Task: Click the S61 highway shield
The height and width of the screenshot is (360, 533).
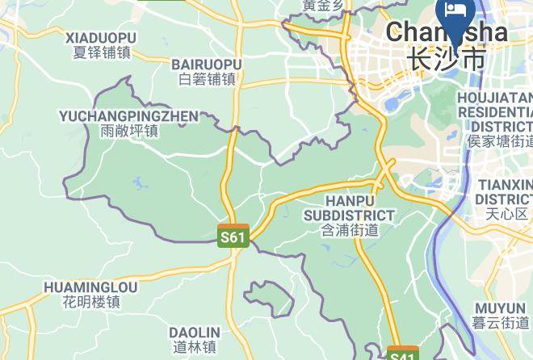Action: coord(233,236)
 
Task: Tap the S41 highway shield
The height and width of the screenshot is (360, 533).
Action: coord(402,354)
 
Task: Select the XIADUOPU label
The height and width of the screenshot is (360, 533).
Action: coord(101,38)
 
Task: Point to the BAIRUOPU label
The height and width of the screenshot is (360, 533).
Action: coord(207,64)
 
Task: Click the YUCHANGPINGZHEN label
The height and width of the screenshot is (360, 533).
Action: coord(128,116)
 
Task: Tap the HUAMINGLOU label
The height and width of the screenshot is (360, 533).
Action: coord(90,287)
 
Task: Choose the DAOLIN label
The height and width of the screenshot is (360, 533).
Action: coord(195,333)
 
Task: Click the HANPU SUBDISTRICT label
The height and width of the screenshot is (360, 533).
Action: coord(349,207)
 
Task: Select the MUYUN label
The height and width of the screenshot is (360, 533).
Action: coord(500,308)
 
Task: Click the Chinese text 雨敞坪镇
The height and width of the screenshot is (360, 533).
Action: coord(129,131)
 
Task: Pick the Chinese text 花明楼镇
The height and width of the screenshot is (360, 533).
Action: coord(90,302)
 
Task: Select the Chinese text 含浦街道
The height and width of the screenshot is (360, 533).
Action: coord(349,230)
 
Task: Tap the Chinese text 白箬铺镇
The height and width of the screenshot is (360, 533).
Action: coord(207,78)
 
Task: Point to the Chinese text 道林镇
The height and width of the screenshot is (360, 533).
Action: coord(195,347)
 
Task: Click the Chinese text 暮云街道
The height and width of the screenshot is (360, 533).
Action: coord(502,323)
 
